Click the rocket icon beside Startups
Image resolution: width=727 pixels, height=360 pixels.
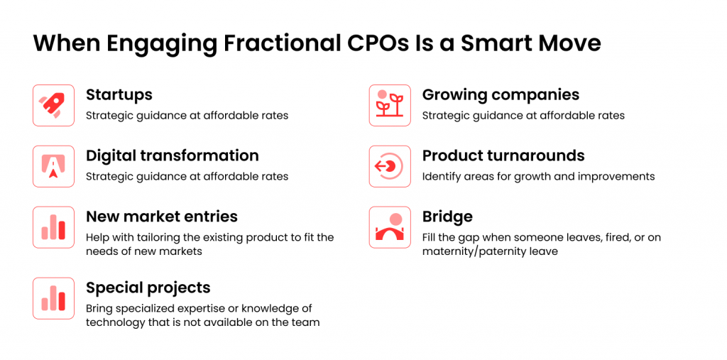coord(53,105)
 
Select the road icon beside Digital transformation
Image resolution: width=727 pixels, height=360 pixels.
coord(53,166)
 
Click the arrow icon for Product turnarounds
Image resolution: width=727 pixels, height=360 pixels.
coord(390,166)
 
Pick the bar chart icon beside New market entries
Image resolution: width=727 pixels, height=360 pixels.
coord(53,227)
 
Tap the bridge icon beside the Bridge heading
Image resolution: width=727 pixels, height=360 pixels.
coord(390,227)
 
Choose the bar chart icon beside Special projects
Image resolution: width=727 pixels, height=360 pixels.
coord(53,298)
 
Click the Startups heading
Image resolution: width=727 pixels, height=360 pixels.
coord(119,95)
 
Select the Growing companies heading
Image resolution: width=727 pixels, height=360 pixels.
coord(501,94)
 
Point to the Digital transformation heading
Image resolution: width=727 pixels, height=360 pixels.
coord(173,156)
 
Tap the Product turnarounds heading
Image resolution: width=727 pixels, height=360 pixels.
coord(503,156)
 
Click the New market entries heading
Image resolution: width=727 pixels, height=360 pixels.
coord(162,217)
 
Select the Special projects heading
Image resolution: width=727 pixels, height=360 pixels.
coord(148,288)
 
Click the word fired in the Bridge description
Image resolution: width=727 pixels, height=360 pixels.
coord(594,238)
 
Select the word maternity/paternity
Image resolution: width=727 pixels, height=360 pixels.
coord(476,252)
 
